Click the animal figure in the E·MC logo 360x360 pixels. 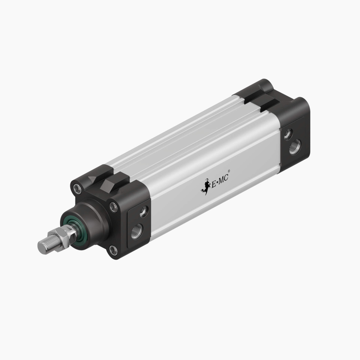[x=206, y=188]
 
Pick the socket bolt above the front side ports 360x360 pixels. [x=114, y=207]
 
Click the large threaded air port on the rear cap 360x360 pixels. [x=295, y=146]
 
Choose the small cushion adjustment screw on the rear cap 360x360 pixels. [x=287, y=134]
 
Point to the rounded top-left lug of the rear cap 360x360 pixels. [x=263, y=85]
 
